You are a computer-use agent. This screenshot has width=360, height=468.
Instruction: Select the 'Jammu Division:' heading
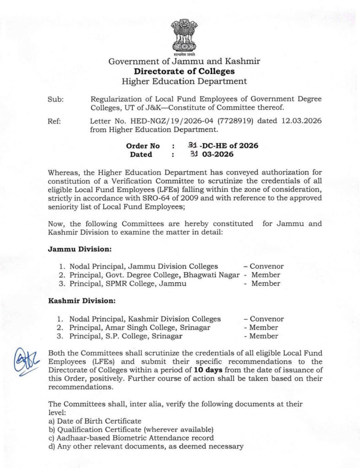coord(77,250)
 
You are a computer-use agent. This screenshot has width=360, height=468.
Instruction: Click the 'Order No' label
coord(143,146)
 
